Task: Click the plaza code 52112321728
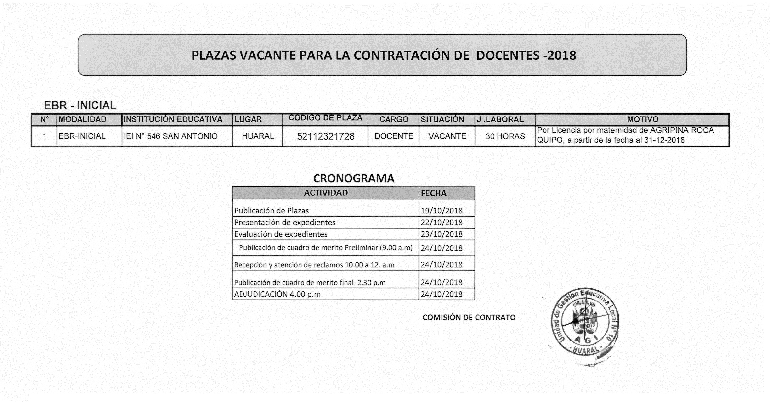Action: tap(326, 136)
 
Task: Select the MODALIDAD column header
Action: tap(83, 119)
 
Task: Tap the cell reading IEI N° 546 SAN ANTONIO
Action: tap(171, 136)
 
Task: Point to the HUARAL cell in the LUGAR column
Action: tap(258, 136)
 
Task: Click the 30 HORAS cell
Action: tap(505, 136)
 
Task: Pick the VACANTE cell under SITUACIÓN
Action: tap(447, 136)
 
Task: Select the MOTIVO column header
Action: tap(643, 119)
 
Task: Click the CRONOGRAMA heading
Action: tap(354, 179)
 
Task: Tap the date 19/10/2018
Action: tap(442, 211)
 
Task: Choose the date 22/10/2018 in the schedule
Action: tap(442, 223)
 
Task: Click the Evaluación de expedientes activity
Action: tap(281, 234)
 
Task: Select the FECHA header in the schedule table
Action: tap(434, 194)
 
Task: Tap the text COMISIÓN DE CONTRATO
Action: tap(469, 318)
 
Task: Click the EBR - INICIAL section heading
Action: tap(80, 106)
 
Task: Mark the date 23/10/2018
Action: tap(442, 234)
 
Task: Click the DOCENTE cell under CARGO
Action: tap(394, 136)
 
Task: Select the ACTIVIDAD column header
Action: tap(326, 193)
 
